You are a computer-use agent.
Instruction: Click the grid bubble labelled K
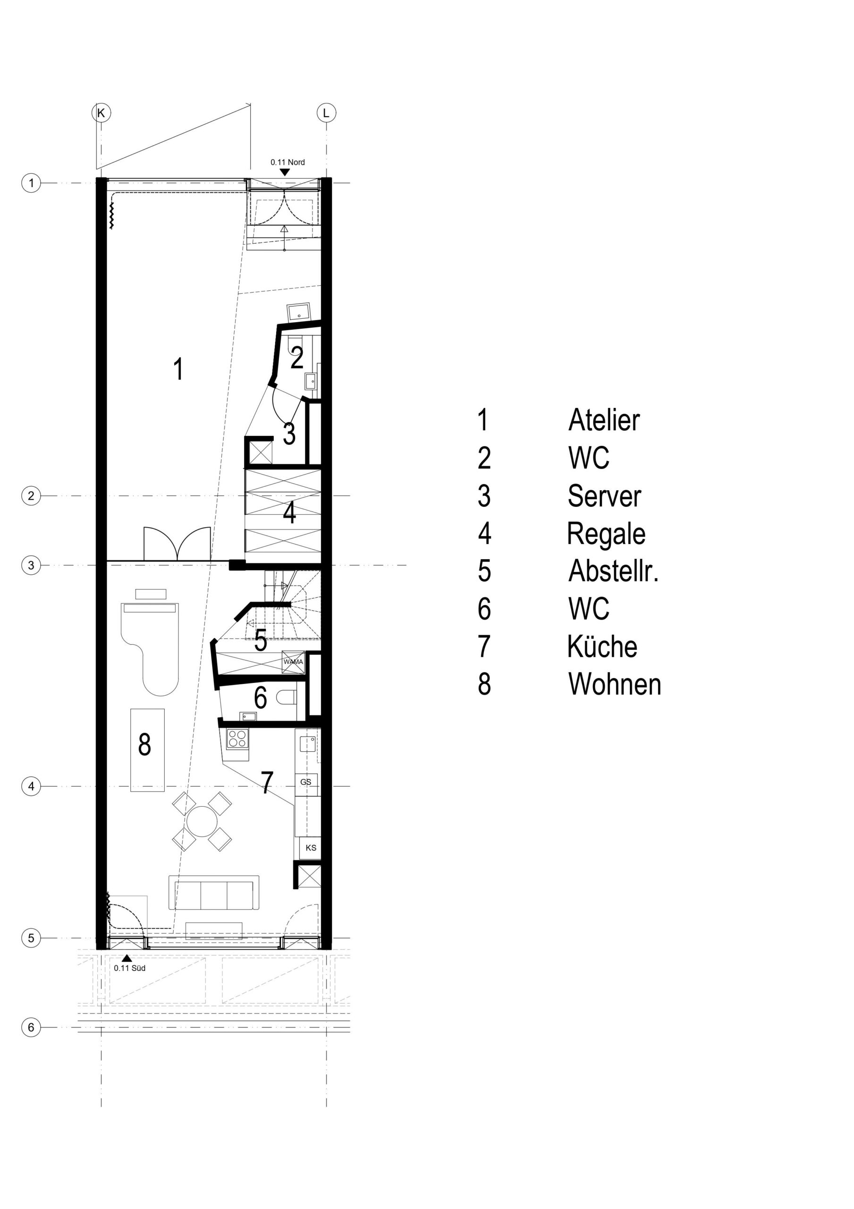tap(101, 113)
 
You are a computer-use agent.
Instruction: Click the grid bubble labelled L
tap(326, 113)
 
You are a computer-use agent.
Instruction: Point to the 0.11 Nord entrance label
tap(287, 162)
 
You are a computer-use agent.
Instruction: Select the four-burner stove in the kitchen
tap(237, 738)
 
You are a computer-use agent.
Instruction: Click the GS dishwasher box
tap(306, 782)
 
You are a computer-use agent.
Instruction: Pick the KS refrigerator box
tap(310, 848)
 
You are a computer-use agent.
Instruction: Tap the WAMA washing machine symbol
tap(293, 662)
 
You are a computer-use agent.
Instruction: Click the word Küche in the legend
tap(602, 646)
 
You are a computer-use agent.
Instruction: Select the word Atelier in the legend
tap(604, 420)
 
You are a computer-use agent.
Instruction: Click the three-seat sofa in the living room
tap(214, 893)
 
